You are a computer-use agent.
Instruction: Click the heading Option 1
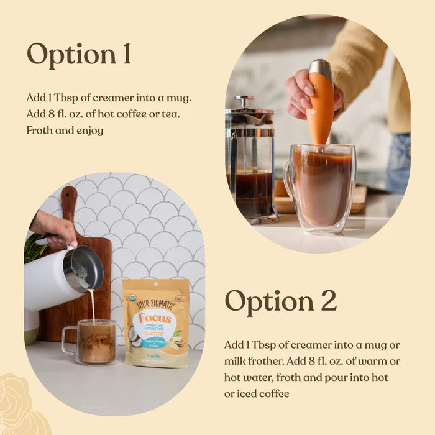(x=79, y=55)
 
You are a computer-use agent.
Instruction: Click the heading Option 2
(x=280, y=301)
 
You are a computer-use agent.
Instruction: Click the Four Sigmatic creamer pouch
(x=155, y=323)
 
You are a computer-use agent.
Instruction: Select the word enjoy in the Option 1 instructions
(x=89, y=130)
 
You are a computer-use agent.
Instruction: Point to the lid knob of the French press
(x=244, y=100)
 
